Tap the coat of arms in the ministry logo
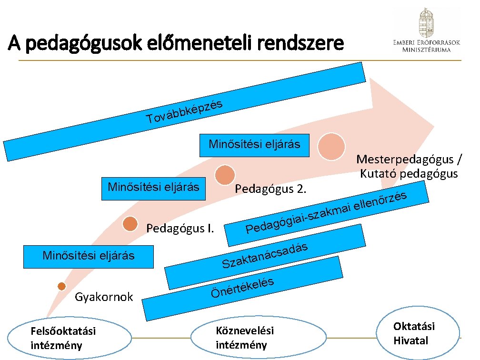click(x=426, y=23)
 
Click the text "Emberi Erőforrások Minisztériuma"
click(x=426, y=45)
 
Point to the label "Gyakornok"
click(x=104, y=298)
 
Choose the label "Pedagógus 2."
click(x=271, y=190)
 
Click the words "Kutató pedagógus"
click(x=409, y=173)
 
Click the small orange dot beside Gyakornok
click(x=61, y=286)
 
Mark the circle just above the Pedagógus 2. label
click(x=225, y=175)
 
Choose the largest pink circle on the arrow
click(x=331, y=147)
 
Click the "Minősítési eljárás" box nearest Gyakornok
click(x=89, y=255)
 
